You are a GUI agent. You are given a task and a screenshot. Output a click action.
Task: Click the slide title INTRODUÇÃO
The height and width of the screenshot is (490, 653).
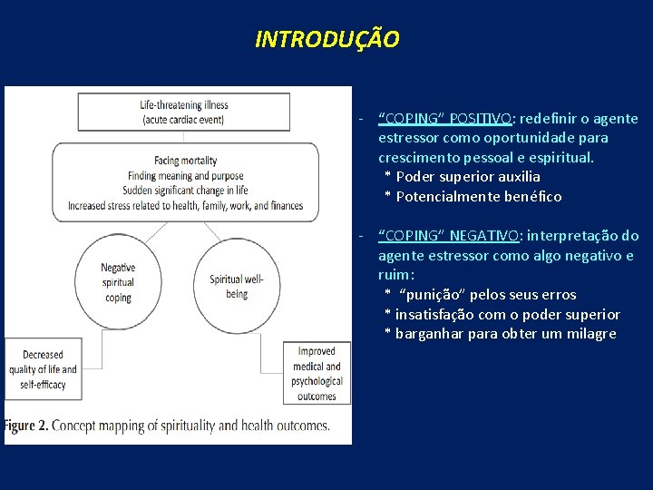pos(326,40)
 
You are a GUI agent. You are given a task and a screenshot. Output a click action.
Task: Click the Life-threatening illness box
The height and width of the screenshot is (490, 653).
pos(185,113)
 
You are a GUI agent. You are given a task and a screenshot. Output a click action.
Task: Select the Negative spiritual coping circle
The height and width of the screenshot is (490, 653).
pos(118,282)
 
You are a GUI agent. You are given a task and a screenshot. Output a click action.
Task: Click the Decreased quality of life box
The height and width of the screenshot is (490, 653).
pos(44,369)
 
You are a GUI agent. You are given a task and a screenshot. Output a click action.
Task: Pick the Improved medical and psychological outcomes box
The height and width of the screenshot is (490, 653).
pos(317,373)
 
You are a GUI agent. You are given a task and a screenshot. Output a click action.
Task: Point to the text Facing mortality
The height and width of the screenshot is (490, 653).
pos(185,161)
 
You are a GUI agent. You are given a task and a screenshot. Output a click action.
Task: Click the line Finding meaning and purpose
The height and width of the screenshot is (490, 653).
pos(185,175)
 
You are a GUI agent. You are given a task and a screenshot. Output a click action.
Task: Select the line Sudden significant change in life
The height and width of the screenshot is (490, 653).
pos(186,191)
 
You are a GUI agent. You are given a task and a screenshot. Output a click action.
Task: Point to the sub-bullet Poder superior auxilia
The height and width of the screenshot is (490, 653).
pos(467,177)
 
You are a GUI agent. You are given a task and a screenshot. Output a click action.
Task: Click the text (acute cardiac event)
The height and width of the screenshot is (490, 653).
pos(185,121)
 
